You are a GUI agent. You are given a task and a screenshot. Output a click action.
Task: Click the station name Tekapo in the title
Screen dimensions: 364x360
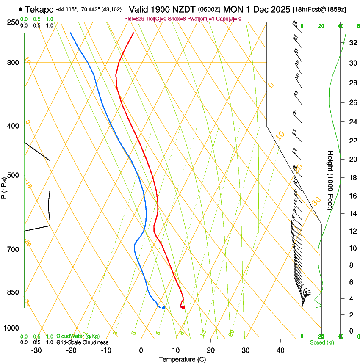coord(39,9)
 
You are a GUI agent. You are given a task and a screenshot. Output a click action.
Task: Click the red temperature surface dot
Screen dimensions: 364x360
coord(183,308)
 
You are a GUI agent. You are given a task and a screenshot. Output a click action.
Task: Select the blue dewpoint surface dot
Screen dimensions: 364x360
coord(163,307)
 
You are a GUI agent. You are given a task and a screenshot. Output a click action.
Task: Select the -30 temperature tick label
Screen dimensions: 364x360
coord(36,350)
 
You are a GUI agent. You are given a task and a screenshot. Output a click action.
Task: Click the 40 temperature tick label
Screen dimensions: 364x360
coord(280,350)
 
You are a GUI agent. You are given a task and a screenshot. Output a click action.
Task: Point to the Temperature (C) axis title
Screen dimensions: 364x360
coord(182,359)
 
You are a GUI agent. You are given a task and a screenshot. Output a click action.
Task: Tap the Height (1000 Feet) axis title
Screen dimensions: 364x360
coord(330,180)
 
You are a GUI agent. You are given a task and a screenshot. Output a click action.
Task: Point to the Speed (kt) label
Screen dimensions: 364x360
coord(321,342)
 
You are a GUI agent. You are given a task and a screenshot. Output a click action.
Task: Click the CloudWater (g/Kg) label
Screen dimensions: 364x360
coord(78,336)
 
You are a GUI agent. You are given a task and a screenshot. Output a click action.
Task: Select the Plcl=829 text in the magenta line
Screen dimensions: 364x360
coord(135,19)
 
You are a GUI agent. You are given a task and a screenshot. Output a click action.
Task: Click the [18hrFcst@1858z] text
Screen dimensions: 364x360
coord(319,9)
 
